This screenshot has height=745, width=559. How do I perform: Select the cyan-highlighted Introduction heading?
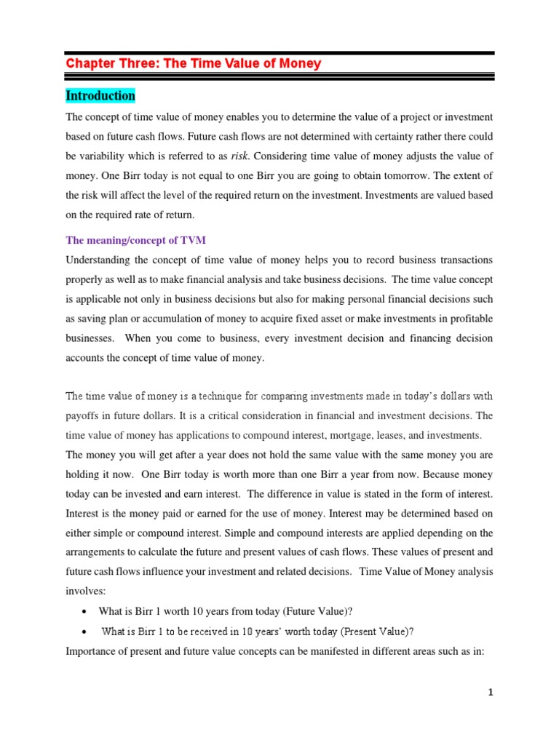tap(100, 96)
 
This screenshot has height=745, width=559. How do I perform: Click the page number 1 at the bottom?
tap(491, 693)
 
